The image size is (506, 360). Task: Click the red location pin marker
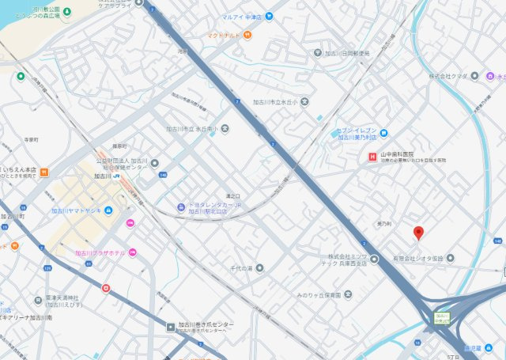pyautogui.click(x=419, y=233)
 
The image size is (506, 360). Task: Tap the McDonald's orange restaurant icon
pyautogui.click(x=247, y=35)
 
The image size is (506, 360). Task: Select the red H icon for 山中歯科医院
pyautogui.click(x=372, y=157)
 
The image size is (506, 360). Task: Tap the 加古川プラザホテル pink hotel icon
pyautogui.click(x=132, y=252)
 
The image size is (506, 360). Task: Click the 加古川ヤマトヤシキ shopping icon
pyautogui.click(x=108, y=210)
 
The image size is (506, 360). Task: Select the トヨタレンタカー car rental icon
pyautogui.click(x=181, y=207)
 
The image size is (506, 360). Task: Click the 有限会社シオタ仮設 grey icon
pyautogui.click(x=450, y=258)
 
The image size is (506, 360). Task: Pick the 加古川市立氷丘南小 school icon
pyautogui.click(x=225, y=127)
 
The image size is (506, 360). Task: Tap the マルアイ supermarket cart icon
pyautogui.click(x=269, y=14)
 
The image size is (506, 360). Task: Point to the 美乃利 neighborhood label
pyautogui.click(x=384, y=224)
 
